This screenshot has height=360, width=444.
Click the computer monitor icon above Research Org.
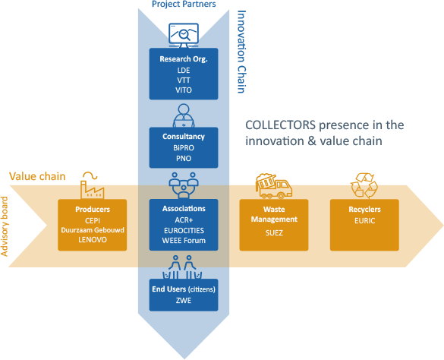coord(184,35)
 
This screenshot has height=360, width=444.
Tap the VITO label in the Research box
coord(184,90)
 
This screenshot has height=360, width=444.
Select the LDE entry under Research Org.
coord(184,71)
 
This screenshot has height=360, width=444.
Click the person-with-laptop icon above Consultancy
coord(184,115)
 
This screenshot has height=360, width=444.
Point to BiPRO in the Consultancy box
coord(184,147)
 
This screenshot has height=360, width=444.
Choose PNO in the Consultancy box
coord(184,158)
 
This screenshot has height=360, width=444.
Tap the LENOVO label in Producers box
coord(93,239)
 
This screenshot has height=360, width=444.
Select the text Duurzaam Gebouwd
coord(93,230)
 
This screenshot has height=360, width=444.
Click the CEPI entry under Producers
coord(93,220)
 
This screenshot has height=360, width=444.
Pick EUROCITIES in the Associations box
coord(184,230)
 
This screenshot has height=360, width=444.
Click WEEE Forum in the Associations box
coord(184,240)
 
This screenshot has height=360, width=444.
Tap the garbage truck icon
coord(274,186)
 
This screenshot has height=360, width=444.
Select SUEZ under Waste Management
coord(274,232)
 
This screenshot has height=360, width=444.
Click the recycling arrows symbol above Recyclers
coord(364,185)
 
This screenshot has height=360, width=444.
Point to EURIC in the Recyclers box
coord(365,220)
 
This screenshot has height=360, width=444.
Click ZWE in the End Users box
coord(184,300)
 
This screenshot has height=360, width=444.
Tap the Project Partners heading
coord(184,5)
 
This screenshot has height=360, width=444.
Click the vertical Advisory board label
coord(5,226)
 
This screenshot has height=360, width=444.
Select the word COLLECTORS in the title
coord(280,125)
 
